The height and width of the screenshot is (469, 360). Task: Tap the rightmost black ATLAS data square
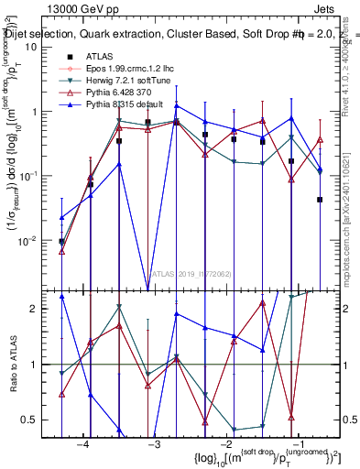320,200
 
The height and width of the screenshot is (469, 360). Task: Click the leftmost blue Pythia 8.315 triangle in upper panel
61,218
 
